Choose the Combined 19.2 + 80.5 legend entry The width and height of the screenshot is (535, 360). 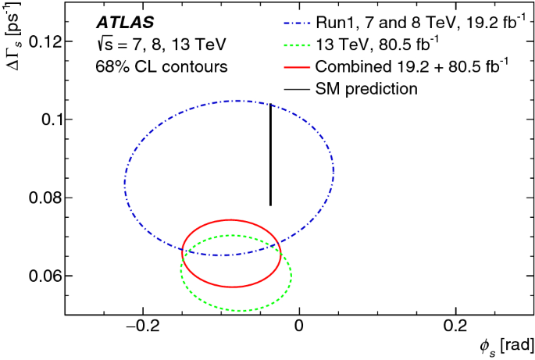[410, 66]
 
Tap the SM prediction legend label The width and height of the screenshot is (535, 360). [367, 88]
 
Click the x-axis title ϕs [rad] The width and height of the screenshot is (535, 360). [507, 345]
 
